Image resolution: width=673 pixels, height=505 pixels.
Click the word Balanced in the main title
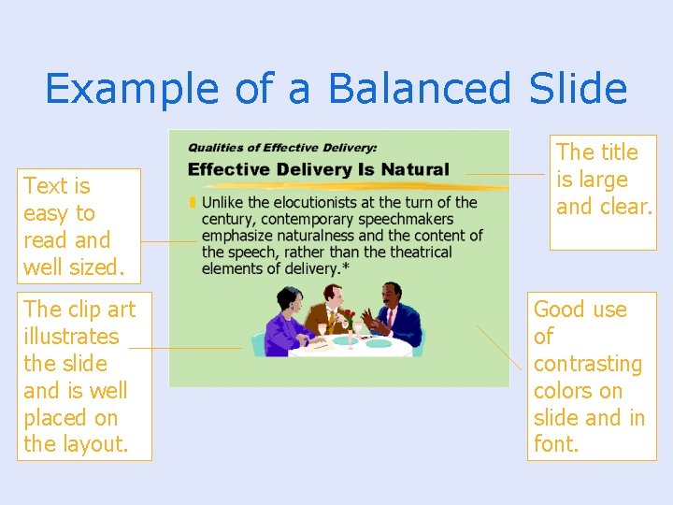(421, 89)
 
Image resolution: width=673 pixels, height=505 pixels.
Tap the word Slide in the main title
(578, 89)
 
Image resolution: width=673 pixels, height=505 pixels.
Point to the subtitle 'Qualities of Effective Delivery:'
(282, 148)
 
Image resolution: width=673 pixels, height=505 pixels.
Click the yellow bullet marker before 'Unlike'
(193, 203)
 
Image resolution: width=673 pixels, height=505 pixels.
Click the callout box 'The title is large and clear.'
(603, 191)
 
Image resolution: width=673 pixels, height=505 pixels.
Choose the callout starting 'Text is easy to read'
(79, 225)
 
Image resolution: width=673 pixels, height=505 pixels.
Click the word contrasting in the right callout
(588, 363)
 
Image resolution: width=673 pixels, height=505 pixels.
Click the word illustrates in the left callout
(71, 336)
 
